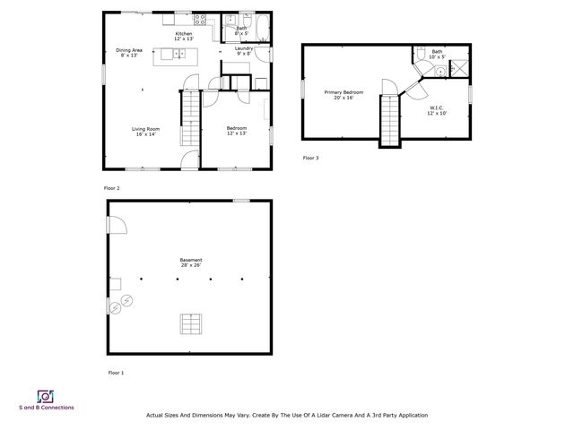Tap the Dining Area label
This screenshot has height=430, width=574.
point(129,52)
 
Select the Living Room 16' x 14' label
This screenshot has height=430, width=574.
point(147,132)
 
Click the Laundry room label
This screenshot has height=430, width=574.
point(244,51)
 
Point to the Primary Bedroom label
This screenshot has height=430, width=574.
point(344,95)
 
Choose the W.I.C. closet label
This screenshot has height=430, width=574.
point(436,110)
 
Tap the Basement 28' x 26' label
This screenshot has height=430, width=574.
point(190,262)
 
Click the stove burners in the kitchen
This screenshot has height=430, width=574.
point(201,19)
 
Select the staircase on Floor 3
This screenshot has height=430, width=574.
point(390,121)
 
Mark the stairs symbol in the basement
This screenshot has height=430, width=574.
point(190,322)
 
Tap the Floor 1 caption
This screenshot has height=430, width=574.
point(116,372)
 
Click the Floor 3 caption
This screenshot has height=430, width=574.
point(310,158)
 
